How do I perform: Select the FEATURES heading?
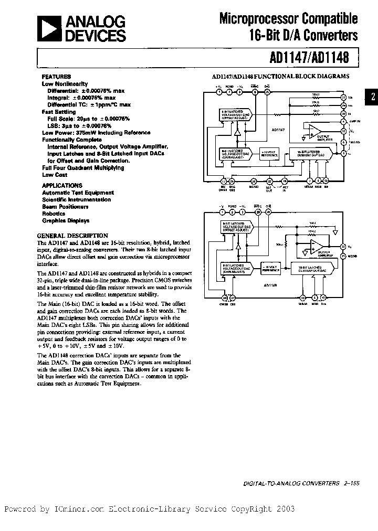click(x=57, y=77)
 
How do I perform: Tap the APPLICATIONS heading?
click(x=62, y=185)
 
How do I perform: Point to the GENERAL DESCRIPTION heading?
click(x=72, y=236)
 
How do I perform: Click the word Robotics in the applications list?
click(x=54, y=214)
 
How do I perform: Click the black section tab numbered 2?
click(x=372, y=97)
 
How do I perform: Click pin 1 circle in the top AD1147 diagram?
click(x=219, y=92)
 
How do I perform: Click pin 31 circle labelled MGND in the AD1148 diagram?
click(x=343, y=256)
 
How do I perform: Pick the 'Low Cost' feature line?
click(x=55, y=175)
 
